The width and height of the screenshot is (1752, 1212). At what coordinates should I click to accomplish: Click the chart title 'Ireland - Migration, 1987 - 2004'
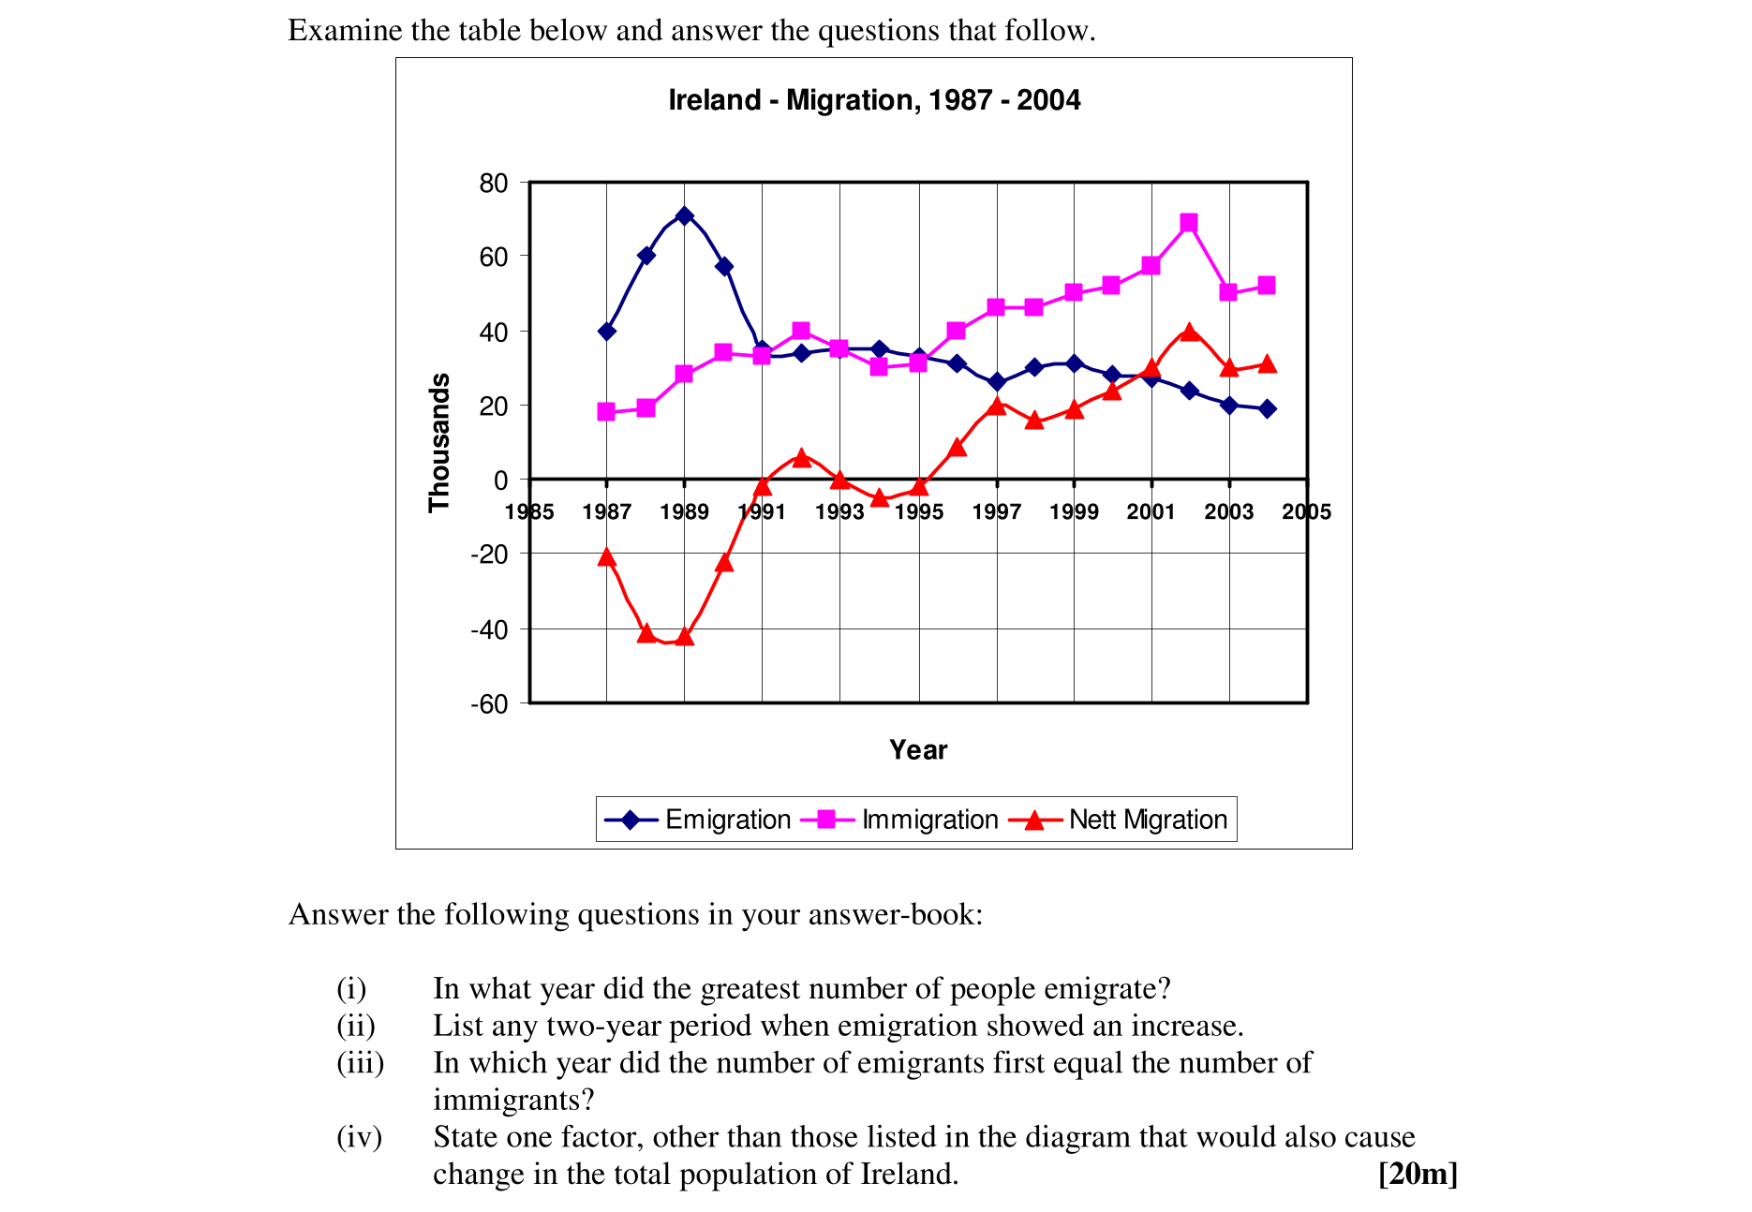click(x=874, y=100)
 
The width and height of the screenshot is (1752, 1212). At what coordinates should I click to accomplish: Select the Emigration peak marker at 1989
click(x=684, y=216)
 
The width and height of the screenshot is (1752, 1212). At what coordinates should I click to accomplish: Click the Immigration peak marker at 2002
click(x=1189, y=223)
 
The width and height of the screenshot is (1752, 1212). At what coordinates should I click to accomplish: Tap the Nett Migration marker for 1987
click(x=606, y=558)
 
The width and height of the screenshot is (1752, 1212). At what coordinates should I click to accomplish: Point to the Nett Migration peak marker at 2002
click(x=1189, y=333)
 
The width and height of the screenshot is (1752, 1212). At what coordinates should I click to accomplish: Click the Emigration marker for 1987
click(x=606, y=331)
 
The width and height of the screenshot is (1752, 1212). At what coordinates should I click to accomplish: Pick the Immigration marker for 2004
click(x=1267, y=286)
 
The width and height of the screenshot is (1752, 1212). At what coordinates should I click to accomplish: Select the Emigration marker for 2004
click(x=1267, y=408)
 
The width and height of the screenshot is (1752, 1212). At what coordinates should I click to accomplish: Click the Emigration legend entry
click(x=699, y=820)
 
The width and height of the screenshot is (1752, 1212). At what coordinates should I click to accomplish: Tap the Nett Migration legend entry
click(x=1120, y=820)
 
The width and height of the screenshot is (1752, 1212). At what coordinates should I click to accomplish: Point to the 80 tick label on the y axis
click(x=494, y=184)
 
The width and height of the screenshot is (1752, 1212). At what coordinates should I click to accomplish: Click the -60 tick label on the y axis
click(x=489, y=704)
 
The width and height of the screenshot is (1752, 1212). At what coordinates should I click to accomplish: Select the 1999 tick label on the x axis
click(x=1074, y=511)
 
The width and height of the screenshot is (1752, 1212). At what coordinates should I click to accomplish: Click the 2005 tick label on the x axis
click(x=1306, y=511)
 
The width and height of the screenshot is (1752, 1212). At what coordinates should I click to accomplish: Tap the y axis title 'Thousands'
click(x=439, y=442)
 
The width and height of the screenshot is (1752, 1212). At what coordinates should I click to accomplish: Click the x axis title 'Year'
click(x=918, y=750)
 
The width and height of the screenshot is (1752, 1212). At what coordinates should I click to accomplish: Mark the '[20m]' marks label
click(x=1418, y=1174)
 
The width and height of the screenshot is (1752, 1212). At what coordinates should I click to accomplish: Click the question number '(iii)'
click(x=361, y=1063)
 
